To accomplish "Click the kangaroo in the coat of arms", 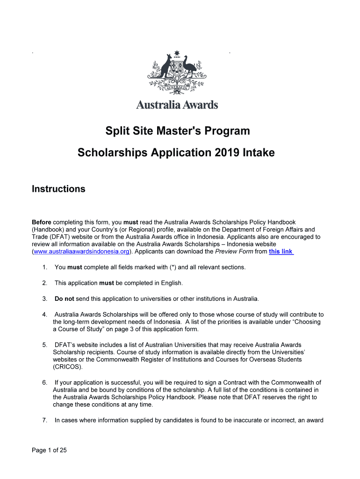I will click(x=165, y=68).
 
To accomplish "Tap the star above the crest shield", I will click(x=177, y=53).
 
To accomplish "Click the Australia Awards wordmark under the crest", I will click(x=177, y=105).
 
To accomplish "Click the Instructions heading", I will click(x=58, y=189).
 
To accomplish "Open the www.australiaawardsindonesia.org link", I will click(x=82, y=252).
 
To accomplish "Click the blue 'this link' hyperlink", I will click(x=281, y=252).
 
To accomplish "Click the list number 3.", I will click(x=44, y=298).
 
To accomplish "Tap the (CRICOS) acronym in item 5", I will click(x=68, y=367).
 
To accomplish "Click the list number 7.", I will click(x=44, y=420).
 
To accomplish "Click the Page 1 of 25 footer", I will click(x=50, y=450).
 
